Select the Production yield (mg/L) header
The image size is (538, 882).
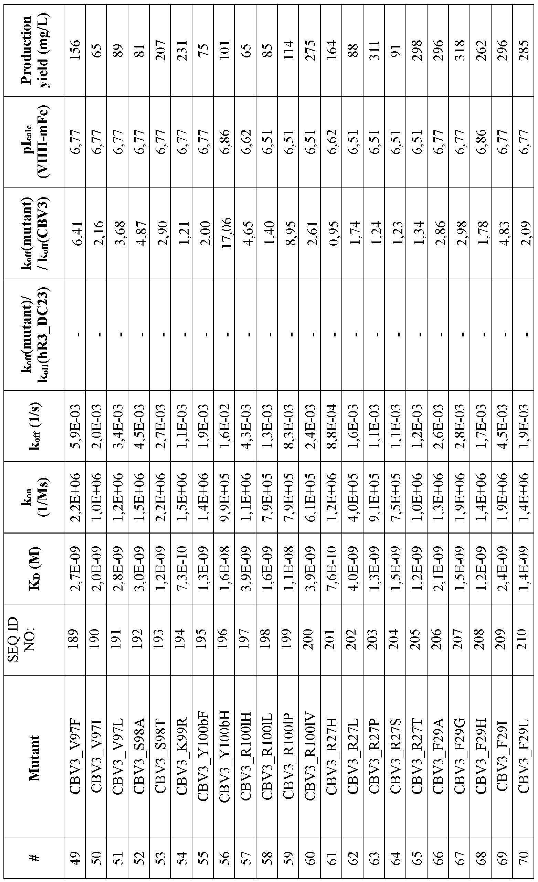click(x=34, y=50)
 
